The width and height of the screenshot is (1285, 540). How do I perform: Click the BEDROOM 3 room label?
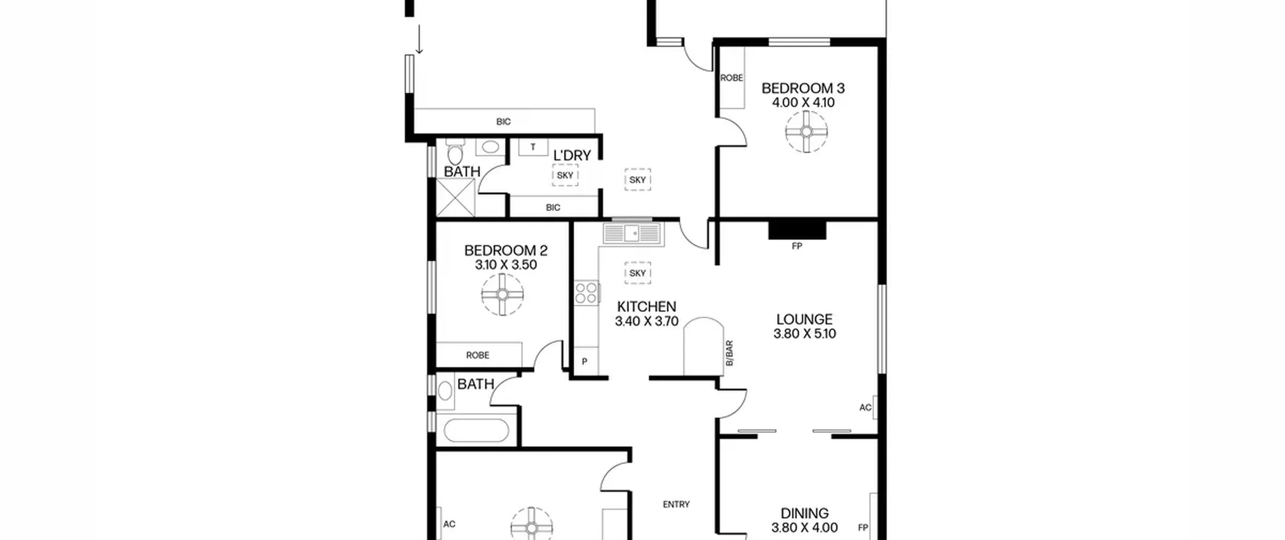tap(803, 88)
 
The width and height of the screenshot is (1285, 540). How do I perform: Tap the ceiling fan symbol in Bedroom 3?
tap(806, 132)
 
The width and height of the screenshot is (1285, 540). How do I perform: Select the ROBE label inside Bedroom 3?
tap(731, 78)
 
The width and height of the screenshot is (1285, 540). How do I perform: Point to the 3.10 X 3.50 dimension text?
tap(506, 265)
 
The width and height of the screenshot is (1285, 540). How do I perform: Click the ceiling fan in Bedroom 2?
tap(502, 294)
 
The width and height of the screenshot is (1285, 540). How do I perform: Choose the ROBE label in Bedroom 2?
tap(477, 355)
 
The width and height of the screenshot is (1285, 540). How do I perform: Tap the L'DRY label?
tap(572, 156)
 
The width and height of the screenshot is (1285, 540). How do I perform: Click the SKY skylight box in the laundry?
tap(565, 175)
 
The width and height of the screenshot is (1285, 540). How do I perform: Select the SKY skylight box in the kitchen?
tap(637, 273)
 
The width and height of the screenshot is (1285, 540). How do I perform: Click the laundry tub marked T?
tap(533, 147)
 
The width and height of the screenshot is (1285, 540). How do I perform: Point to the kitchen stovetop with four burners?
tap(587, 293)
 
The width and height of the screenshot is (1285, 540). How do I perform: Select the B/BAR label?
tap(729, 353)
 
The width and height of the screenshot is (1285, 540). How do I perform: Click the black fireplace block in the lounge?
tap(797, 230)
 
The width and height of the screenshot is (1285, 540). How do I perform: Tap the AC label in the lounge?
tap(865, 407)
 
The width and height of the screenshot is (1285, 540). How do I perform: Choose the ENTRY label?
tap(676, 504)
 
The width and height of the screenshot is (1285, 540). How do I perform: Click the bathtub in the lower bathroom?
tap(476, 430)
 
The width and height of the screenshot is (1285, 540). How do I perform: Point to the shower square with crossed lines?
tap(455, 197)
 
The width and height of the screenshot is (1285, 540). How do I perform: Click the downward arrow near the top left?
tap(419, 39)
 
